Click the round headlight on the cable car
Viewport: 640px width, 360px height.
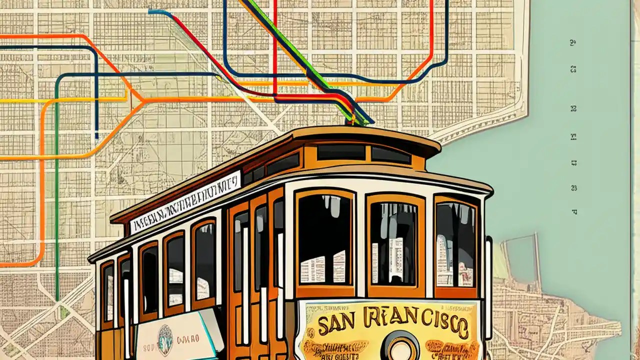point(402,347)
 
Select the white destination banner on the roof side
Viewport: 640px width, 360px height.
point(185,201)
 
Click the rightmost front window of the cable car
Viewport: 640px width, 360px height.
point(455,245)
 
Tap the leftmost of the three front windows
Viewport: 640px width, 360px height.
point(325,239)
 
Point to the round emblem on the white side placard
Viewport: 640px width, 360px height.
point(165,340)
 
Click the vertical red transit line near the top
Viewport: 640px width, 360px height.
point(275,45)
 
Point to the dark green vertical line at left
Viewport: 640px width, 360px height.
point(56,200)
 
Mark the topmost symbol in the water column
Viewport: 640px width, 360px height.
point(573,43)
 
